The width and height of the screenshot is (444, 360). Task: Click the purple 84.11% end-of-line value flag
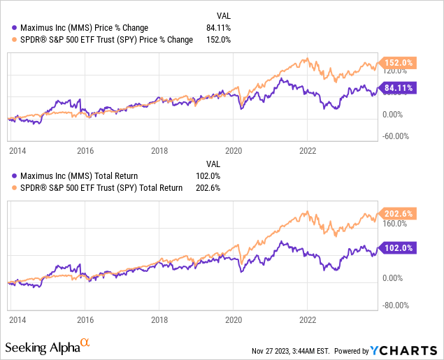click(x=398, y=87)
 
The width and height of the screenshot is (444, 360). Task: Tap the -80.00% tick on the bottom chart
click(x=396, y=304)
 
